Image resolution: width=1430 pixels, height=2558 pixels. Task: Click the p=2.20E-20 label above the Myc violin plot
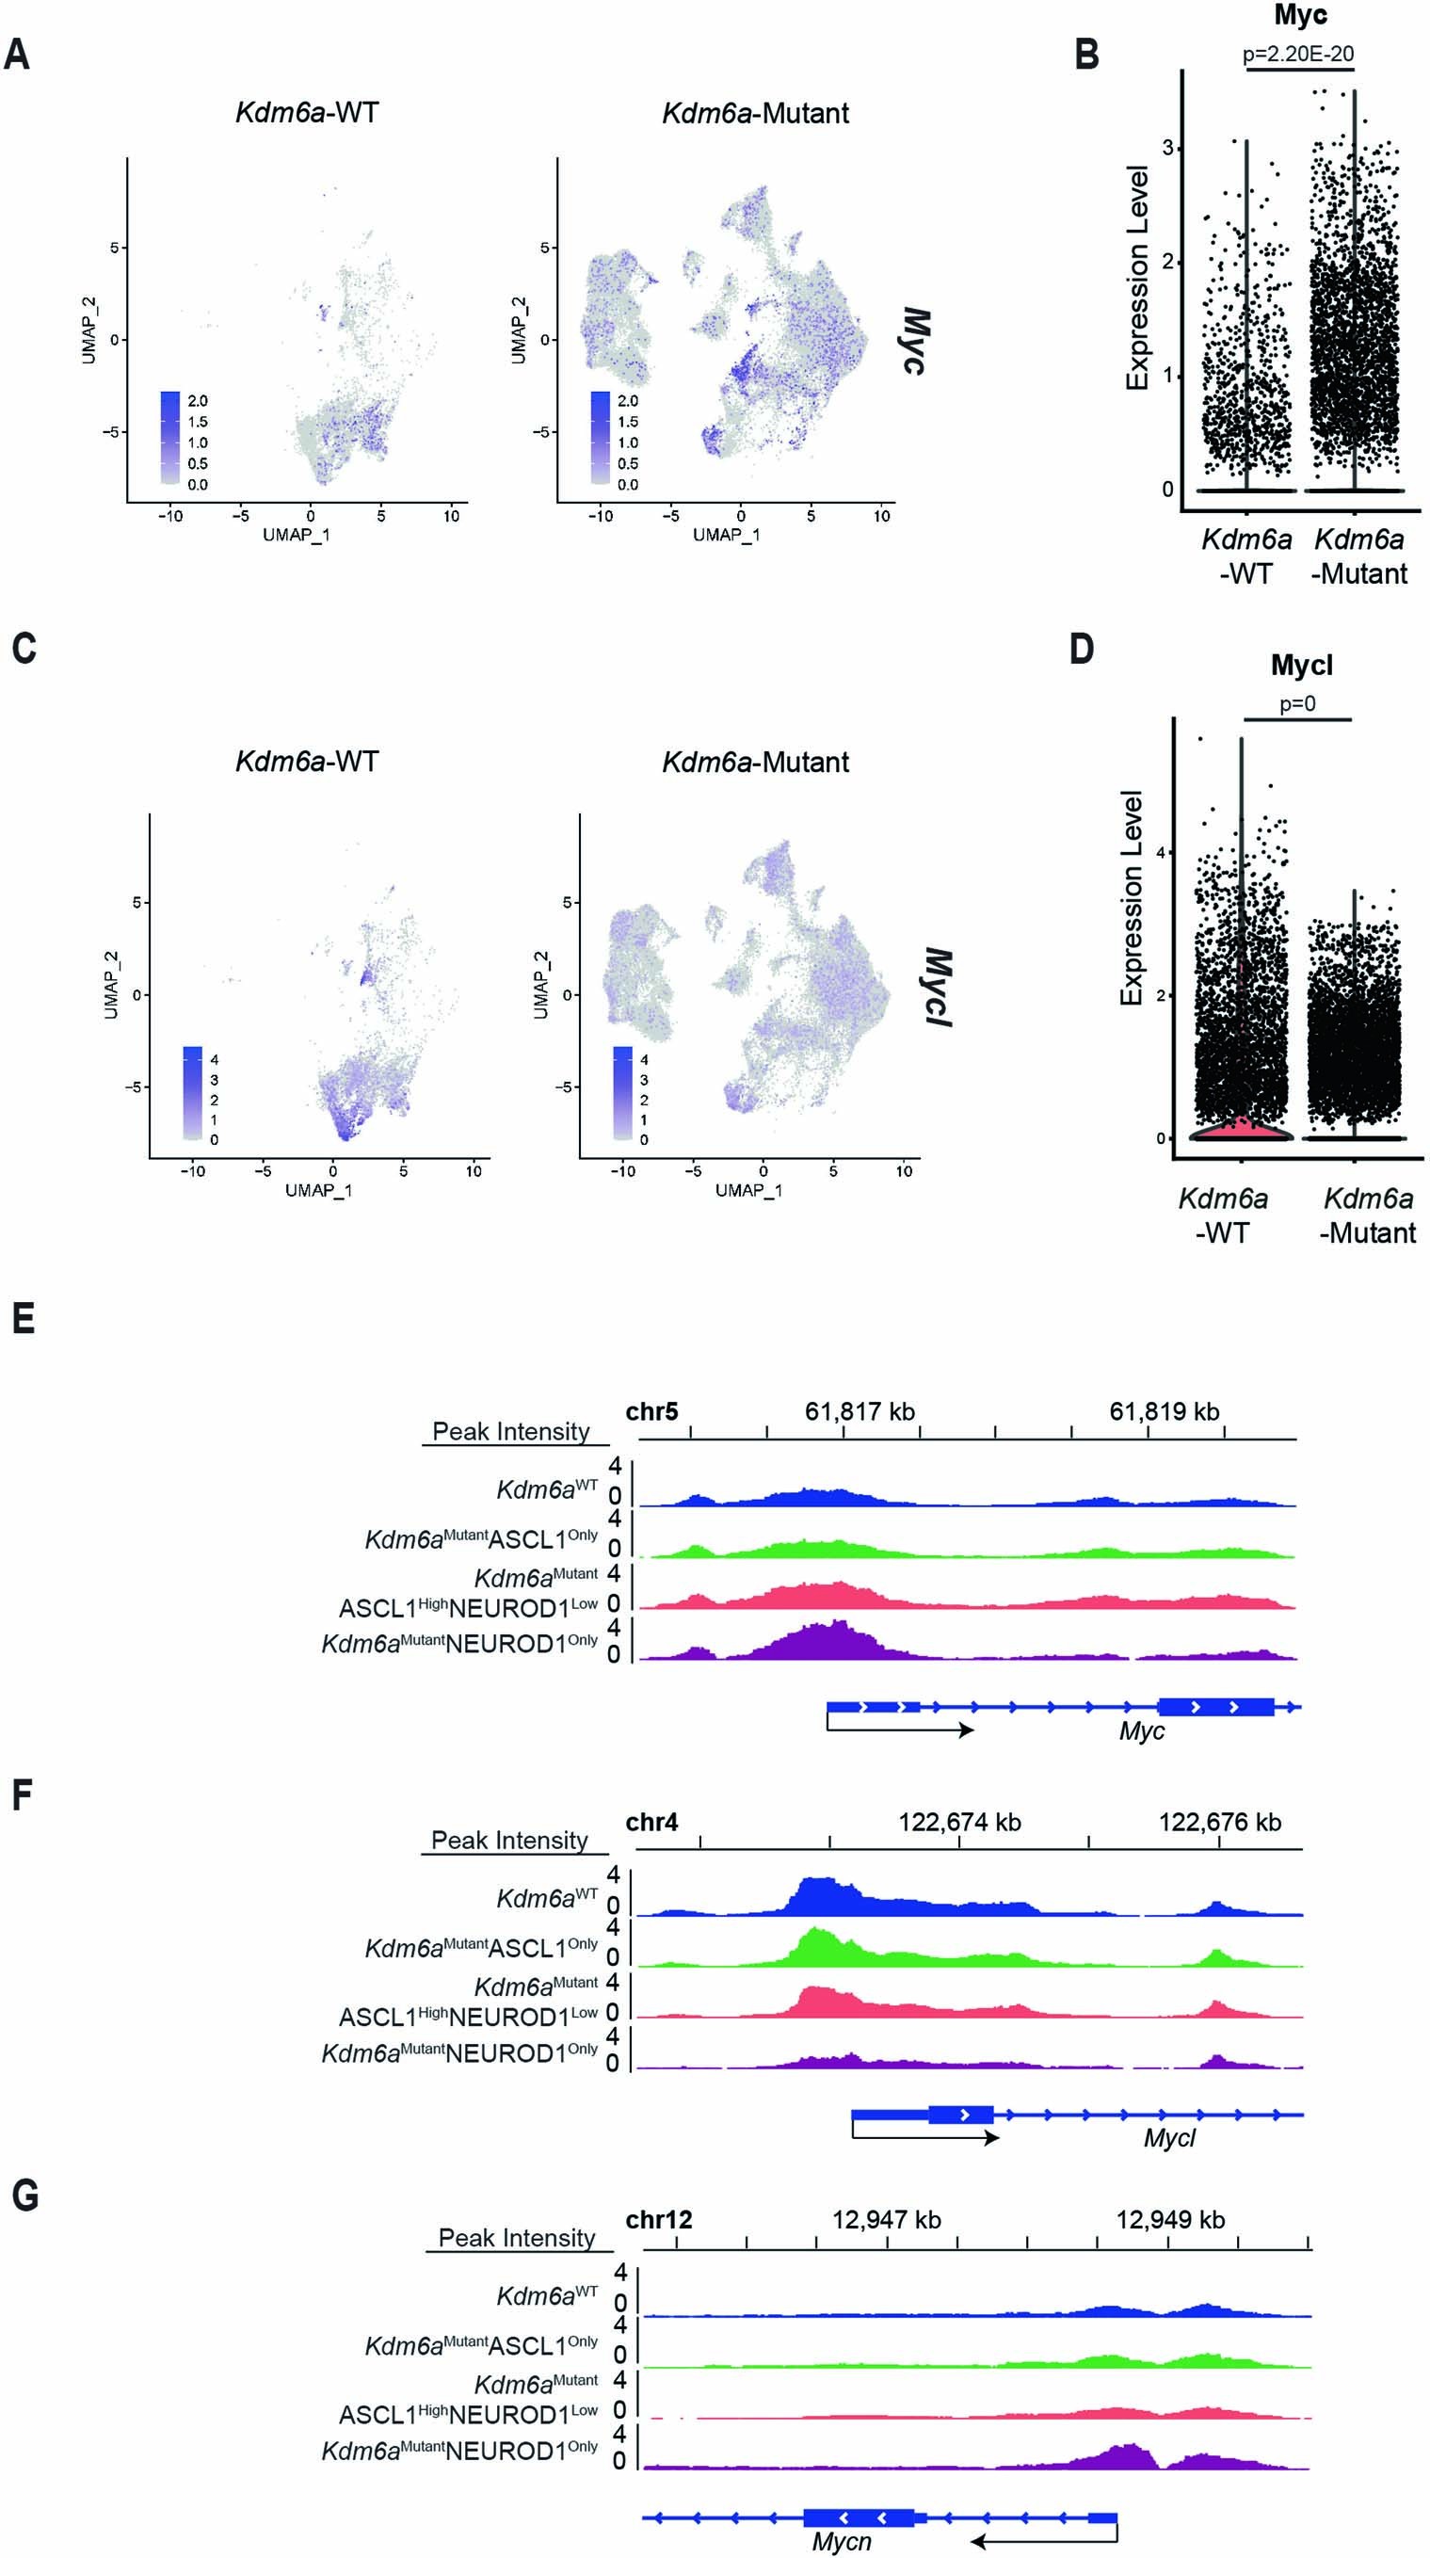pos(1298,54)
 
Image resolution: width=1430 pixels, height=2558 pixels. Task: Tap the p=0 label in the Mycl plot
pos(1297,704)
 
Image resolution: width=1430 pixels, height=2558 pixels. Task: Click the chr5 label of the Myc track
pos(651,1411)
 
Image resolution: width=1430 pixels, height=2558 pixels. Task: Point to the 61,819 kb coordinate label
pos(1164,1411)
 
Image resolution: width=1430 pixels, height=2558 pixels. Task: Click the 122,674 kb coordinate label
pos(959,1821)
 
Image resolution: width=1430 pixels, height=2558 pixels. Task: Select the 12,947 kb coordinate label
pos(886,2219)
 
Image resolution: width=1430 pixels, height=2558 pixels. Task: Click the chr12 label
pos(658,2219)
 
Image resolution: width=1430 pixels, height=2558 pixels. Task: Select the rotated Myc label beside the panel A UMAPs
pos(915,341)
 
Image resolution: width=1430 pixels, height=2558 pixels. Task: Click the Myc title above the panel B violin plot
pos(1300,15)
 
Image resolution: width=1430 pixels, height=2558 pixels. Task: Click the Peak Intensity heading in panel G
pos(517,2238)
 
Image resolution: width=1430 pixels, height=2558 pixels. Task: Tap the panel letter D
pos(1082,649)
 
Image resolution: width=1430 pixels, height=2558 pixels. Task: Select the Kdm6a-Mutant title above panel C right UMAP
pos(755,762)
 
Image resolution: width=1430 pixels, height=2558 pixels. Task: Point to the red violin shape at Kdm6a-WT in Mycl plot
pos(1242,1127)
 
